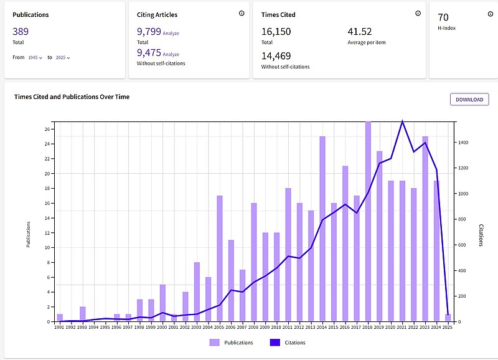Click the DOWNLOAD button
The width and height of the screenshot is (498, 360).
469,99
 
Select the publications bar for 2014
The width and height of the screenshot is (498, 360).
322,229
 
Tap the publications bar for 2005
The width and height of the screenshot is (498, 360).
220,258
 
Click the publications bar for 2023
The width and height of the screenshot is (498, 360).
425,229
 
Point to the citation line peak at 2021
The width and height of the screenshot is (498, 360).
403,121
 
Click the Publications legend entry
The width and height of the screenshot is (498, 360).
232,342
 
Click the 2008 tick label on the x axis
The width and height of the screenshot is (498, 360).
254,326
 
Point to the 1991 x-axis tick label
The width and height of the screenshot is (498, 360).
60,326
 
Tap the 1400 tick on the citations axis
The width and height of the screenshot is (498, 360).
464,143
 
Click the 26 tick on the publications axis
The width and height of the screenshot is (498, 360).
47,130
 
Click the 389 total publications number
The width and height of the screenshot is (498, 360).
21,31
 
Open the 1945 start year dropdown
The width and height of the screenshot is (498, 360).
35,57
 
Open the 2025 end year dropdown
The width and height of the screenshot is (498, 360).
63,57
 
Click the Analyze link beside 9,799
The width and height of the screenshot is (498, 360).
171,33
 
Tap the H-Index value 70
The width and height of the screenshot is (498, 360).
443,17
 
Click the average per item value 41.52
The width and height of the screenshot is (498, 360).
359,31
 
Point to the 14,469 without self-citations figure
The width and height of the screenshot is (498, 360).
276,55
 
